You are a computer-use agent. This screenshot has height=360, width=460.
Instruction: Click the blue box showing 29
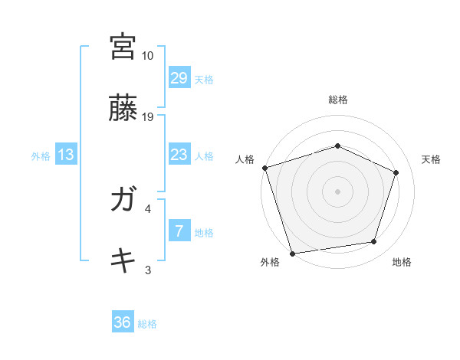click(179, 78)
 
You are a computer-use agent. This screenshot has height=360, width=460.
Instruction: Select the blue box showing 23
click(179, 155)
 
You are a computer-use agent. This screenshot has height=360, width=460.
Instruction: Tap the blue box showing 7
click(179, 231)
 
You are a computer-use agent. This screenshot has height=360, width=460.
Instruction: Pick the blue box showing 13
click(66, 155)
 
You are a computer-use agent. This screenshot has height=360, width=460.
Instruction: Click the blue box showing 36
click(123, 322)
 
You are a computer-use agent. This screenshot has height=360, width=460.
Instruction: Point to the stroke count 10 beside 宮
click(147, 56)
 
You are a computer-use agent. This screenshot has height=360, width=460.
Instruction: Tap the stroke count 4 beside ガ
click(148, 208)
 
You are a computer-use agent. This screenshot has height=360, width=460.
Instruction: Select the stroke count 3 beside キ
click(148, 270)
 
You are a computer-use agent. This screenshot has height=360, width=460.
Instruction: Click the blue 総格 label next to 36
click(147, 324)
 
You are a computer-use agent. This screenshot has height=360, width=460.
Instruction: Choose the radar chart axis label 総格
click(338, 100)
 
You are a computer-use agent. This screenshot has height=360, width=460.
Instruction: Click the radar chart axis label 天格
click(431, 159)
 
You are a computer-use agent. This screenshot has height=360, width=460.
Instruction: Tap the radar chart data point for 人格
click(264, 168)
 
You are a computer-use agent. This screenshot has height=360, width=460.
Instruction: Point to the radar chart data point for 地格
click(374, 242)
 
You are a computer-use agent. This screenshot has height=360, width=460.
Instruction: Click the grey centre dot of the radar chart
click(338, 191)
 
